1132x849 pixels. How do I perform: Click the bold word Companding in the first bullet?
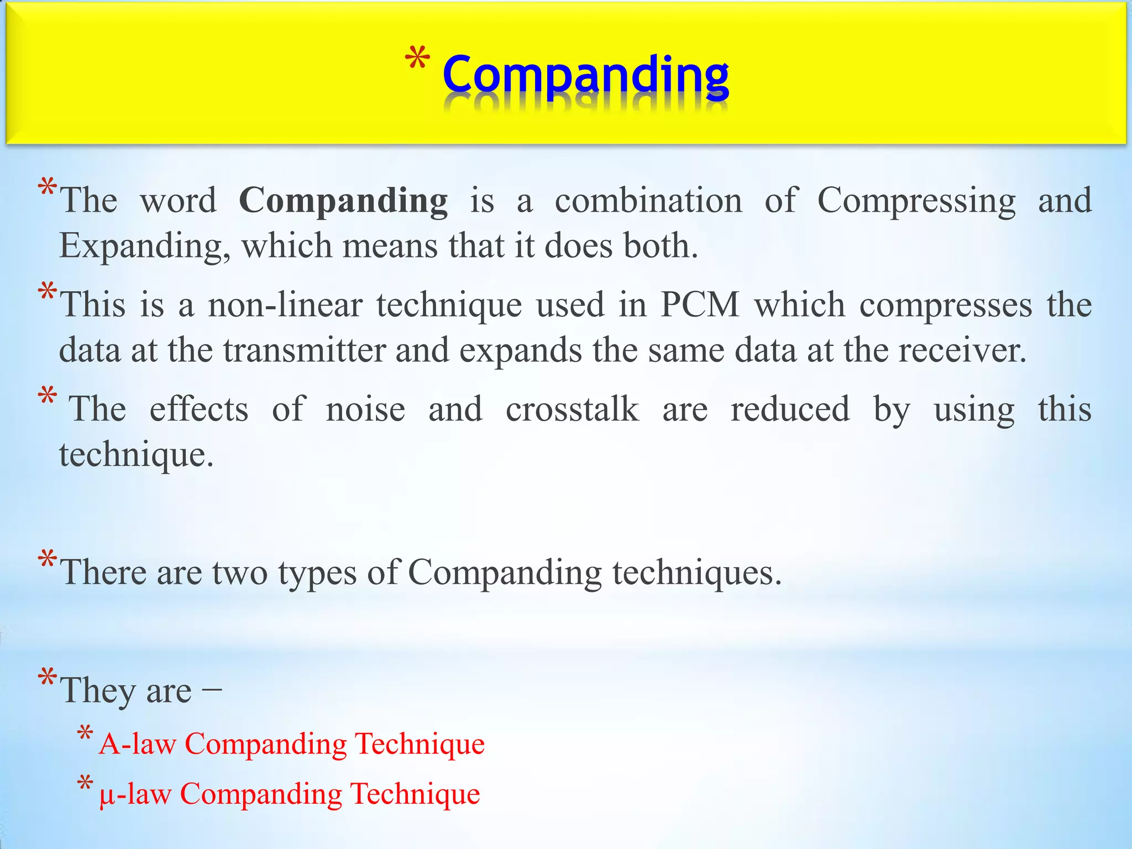coord(343,201)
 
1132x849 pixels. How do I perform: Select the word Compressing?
coord(916,201)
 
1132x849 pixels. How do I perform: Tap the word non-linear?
coord(285,305)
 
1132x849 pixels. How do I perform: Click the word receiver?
coord(962,350)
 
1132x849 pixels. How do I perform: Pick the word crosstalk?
coord(572,410)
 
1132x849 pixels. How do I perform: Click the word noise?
coord(365,410)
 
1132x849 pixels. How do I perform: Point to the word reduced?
coord(790,410)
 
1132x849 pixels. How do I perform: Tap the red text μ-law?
coord(135,795)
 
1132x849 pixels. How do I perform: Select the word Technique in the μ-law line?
coord(415,795)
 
